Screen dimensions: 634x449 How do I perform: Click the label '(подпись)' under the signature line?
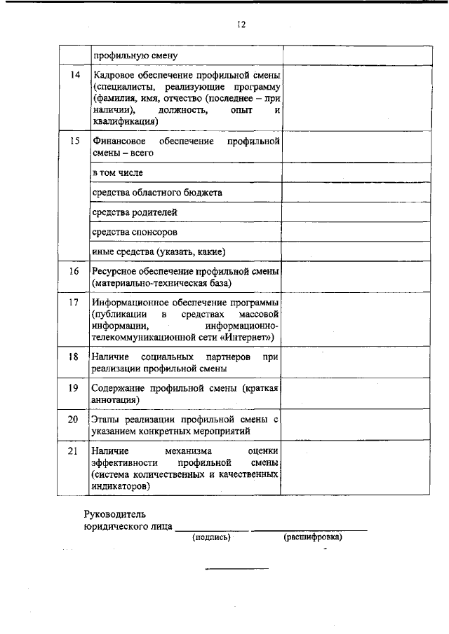click(x=211, y=537)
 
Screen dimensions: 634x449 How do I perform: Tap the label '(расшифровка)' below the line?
click(x=312, y=537)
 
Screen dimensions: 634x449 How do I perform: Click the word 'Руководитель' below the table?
click(x=115, y=514)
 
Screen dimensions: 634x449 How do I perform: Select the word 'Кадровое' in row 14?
click(x=112, y=75)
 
